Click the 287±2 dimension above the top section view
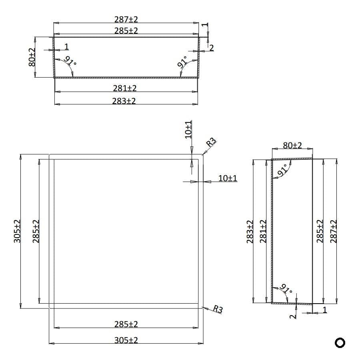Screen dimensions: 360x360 [126, 19]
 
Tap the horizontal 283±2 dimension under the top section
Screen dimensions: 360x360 [124, 101]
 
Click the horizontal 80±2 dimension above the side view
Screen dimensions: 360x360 [292, 145]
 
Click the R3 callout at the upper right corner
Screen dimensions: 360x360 [211, 142]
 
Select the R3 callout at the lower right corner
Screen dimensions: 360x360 [218, 309]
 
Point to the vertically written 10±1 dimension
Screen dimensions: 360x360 [188, 129]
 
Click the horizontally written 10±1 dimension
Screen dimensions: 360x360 [228, 178]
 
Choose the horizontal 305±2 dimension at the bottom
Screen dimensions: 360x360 [126, 340]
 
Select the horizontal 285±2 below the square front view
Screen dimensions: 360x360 [126, 324]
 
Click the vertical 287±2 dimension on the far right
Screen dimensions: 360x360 [333, 231]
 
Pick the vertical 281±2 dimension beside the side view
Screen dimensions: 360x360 [263, 231]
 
